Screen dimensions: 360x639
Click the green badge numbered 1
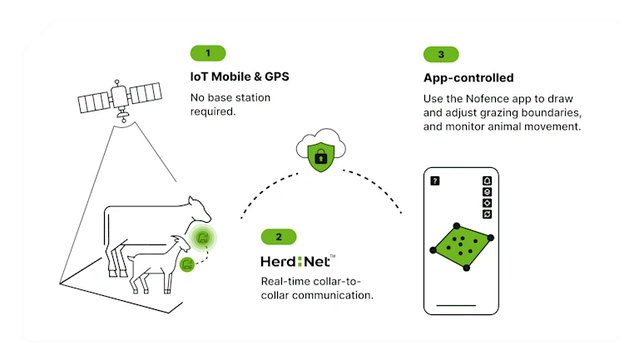pyautogui.click(x=208, y=53)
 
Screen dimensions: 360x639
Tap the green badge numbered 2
pyautogui.click(x=279, y=237)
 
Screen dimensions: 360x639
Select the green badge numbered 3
pyautogui.click(x=441, y=54)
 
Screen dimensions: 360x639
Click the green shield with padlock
pyautogui.click(x=319, y=155)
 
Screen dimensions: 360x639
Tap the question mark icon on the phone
pyautogui.click(x=434, y=180)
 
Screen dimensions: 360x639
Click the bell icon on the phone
pyautogui.click(x=487, y=180)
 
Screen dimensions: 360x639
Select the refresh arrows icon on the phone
pyautogui.click(x=487, y=214)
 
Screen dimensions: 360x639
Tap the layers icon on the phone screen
pyautogui.click(x=487, y=191)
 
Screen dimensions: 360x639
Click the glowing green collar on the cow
pyautogui.click(x=202, y=239)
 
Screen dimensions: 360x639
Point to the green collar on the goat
pyautogui.click(x=187, y=264)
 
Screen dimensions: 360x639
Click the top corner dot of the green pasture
pyautogui.click(x=455, y=225)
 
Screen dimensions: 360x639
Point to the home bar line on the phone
pyautogui.click(x=460, y=307)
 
